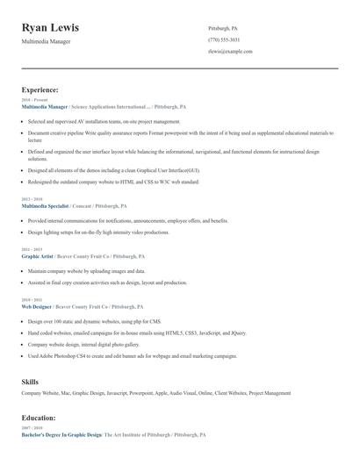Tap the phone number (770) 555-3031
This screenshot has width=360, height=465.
(x=224, y=40)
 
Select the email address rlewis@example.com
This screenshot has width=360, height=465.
(x=230, y=52)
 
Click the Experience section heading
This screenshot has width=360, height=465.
(x=40, y=89)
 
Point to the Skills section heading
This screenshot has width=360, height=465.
(x=30, y=383)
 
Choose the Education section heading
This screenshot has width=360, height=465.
(x=39, y=418)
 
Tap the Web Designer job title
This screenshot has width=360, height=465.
(x=37, y=307)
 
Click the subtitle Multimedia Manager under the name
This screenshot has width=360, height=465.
(x=48, y=41)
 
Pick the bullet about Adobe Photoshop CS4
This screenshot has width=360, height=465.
(x=132, y=356)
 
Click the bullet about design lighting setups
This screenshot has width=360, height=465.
(x=97, y=232)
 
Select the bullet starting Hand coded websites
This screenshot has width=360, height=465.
(x=136, y=333)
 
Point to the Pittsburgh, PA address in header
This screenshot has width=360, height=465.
(x=223, y=28)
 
